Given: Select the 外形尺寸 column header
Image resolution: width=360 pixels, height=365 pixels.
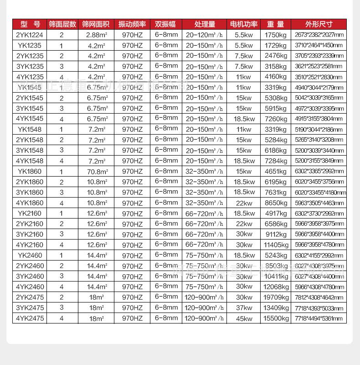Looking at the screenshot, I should (x=319, y=24).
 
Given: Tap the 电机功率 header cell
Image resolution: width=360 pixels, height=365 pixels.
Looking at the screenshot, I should (x=243, y=24).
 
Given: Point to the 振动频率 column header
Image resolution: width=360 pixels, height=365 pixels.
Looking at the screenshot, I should (x=132, y=24).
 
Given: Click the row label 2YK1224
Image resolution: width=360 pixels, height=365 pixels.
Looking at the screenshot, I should (x=30, y=35).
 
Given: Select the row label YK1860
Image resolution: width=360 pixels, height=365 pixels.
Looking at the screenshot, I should (x=30, y=172).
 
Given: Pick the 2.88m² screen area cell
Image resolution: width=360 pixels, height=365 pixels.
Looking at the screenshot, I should (x=96, y=35).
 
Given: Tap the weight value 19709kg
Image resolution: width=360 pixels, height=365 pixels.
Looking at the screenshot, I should (x=276, y=297).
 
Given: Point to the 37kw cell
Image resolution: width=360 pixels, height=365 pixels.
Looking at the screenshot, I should (x=243, y=308).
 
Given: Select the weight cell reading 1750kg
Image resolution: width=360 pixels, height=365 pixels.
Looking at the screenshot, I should (x=276, y=35).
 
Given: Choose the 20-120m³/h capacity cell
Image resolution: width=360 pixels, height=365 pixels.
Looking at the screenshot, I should (x=205, y=35).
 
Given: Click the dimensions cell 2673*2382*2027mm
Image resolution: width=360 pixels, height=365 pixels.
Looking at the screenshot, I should (x=319, y=35).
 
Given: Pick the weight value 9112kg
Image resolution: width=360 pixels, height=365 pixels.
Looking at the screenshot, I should (x=276, y=235).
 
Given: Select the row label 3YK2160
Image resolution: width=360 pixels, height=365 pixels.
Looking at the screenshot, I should (x=30, y=235).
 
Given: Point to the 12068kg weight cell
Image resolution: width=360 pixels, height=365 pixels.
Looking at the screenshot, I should (x=276, y=287).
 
